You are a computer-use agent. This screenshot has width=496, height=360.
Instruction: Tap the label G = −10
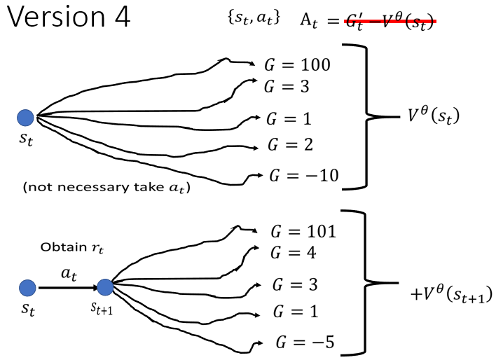click(304, 174)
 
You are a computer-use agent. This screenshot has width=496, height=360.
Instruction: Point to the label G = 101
click(303, 232)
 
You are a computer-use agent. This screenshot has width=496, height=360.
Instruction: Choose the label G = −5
click(305, 342)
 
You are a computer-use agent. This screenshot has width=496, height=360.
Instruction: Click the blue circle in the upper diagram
click(25, 117)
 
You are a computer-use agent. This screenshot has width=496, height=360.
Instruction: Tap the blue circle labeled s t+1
click(106, 286)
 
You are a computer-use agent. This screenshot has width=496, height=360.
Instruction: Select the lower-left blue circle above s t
click(27, 286)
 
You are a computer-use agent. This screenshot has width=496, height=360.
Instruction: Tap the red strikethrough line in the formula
click(390, 22)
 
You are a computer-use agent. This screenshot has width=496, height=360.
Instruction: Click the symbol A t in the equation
click(310, 20)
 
